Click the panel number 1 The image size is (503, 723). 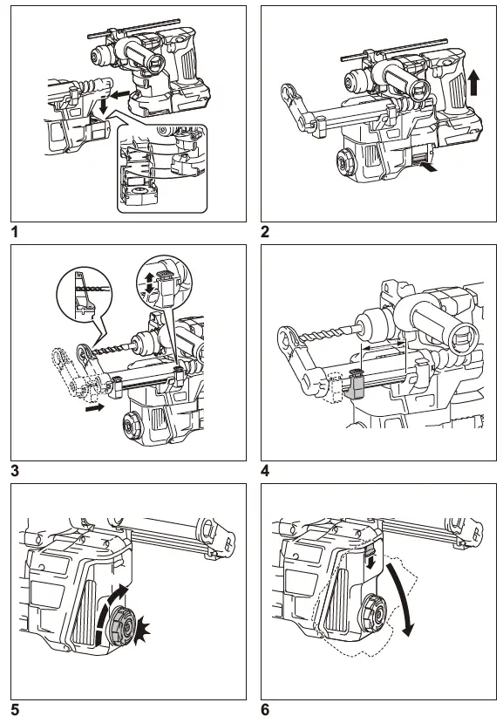(x=15, y=231)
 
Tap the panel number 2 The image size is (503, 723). (x=265, y=231)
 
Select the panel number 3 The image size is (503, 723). (x=15, y=471)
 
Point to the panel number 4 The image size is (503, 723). (x=265, y=471)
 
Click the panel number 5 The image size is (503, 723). (x=15, y=710)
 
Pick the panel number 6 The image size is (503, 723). (x=265, y=710)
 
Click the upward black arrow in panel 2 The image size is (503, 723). (x=473, y=83)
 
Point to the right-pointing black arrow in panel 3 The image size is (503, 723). (x=95, y=407)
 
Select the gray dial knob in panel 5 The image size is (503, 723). (x=122, y=624)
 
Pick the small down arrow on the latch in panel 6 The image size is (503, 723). (x=372, y=561)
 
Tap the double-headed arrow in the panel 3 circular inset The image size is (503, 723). (x=149, y=283)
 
